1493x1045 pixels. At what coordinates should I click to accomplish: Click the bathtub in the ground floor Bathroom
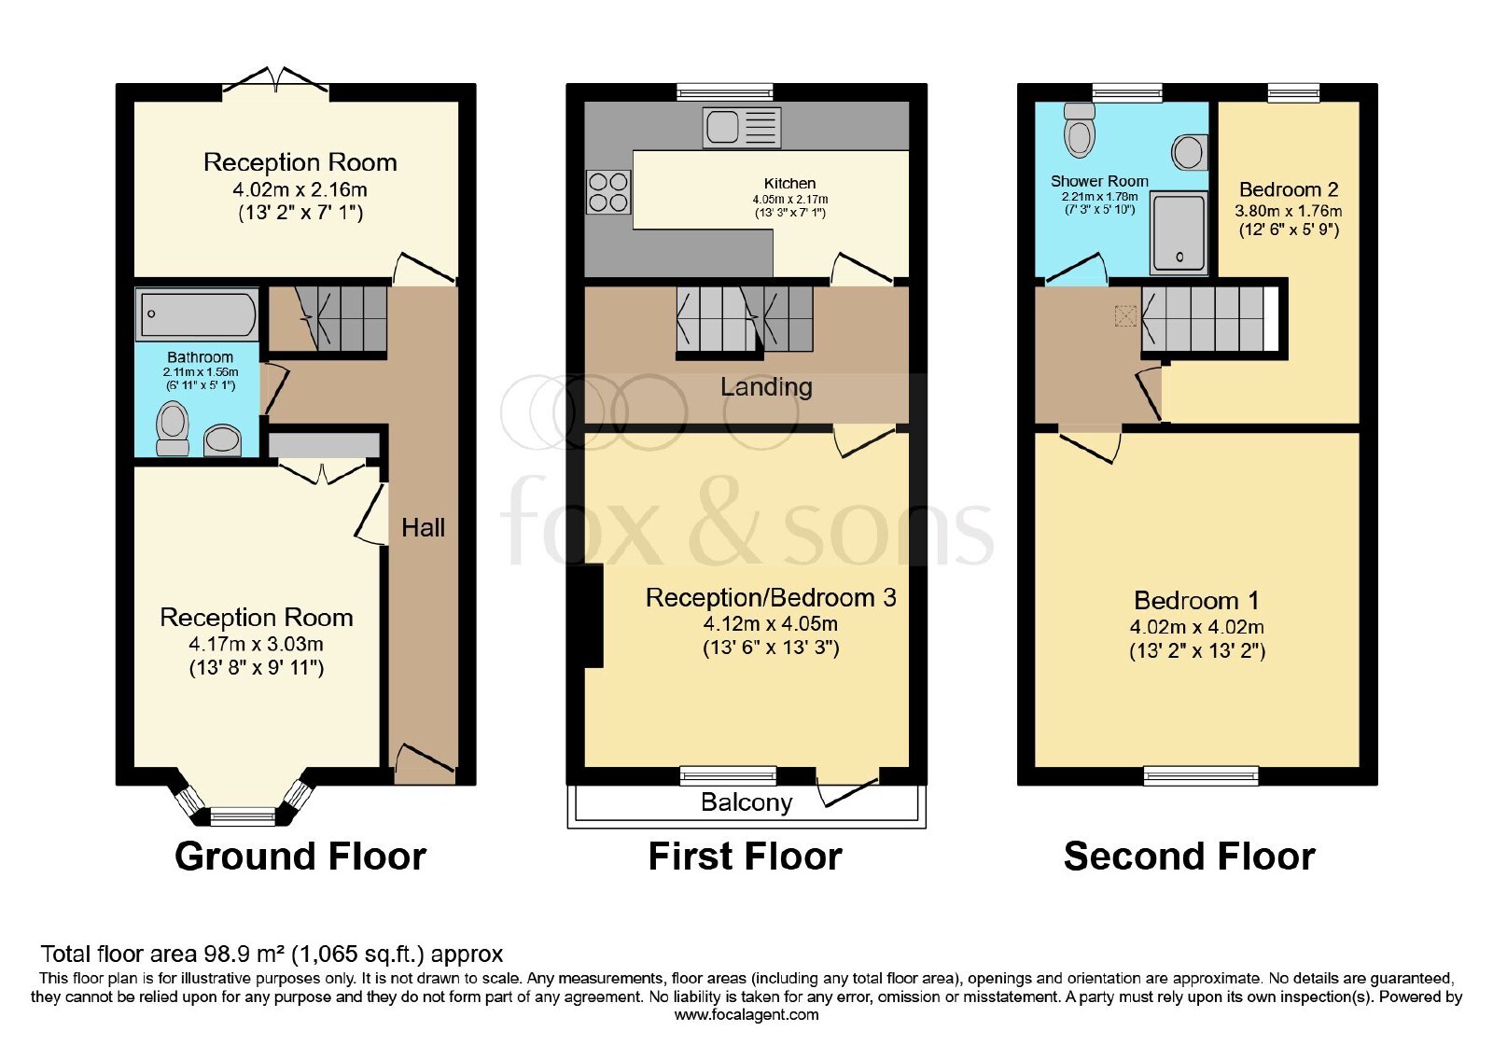tap(197, 313)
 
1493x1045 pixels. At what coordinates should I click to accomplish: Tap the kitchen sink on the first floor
tap(741, 127)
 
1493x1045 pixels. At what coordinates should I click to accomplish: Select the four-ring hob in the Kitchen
tap(607, 192)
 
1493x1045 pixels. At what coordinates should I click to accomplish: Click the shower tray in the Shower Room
tap(1179, 232)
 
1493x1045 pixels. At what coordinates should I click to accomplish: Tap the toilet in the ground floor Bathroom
tap(172, 428)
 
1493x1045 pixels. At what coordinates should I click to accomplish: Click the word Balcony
tap(746, 803)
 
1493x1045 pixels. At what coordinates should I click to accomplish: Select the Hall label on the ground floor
tap(424, 528)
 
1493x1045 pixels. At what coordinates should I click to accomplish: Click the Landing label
tap(766, 387)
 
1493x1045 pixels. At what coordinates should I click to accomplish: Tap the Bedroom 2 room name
tap(1289, 189)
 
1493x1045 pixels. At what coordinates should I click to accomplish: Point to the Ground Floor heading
tap(300, 857)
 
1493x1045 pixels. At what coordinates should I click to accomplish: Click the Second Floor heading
tap(1190, 857)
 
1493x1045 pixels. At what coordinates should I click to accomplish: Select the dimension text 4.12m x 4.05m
tap(771, 624)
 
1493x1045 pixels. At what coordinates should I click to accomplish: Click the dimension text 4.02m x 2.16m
tap(300, 189)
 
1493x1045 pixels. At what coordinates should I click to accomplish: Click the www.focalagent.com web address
tap(746, 1015)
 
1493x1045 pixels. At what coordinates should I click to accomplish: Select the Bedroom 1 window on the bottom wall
tap(1201, 775)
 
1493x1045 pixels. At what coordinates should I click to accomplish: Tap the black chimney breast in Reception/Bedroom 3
tap(585, 615)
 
